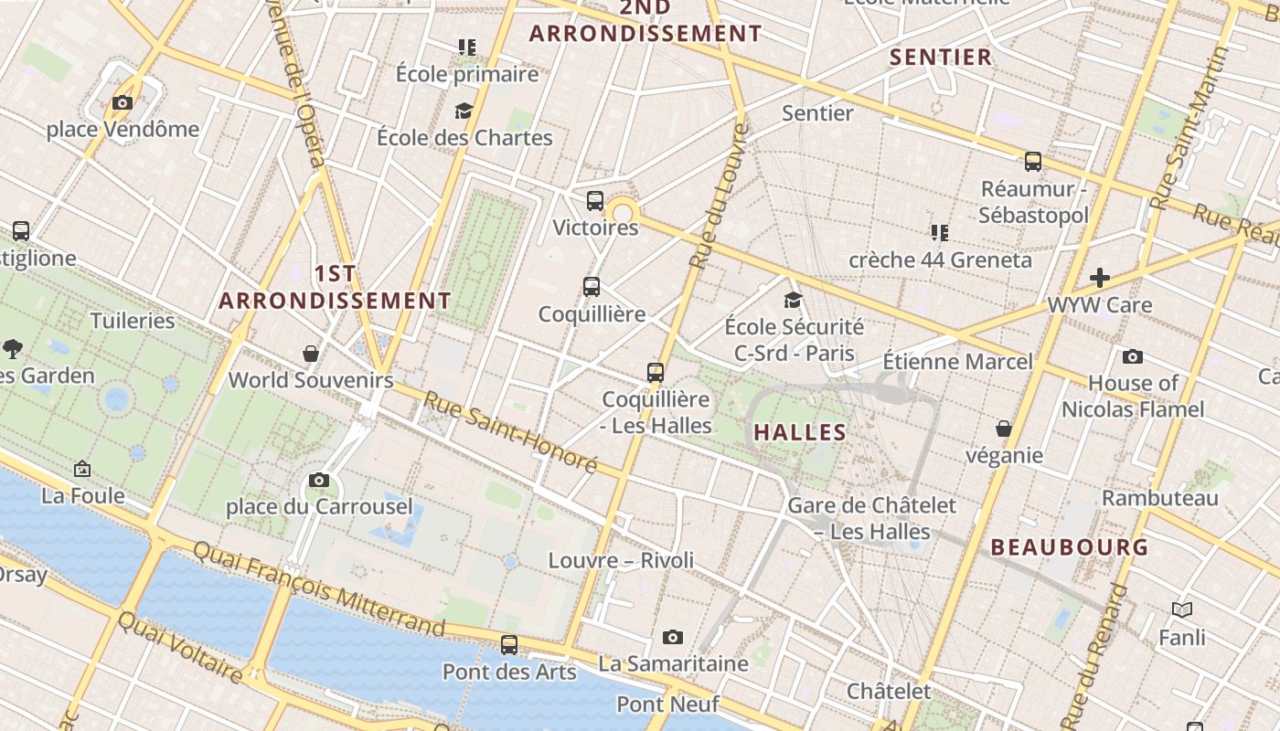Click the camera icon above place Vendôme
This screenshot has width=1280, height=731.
click(123, 103)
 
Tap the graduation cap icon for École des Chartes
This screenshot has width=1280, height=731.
click(464, 111)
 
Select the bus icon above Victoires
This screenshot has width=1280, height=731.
click(595, 201)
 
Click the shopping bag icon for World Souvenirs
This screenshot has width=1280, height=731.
click(311, 354)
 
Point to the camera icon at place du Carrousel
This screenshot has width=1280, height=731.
click(319, 480)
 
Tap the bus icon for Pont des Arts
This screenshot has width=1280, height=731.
click(509, 645)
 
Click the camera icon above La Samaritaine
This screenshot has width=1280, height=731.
click(673, 637)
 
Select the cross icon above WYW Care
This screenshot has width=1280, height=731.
click(1100, 278)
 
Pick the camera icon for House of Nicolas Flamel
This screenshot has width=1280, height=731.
click(1133, 356)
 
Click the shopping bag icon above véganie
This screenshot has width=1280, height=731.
click(1004, 429)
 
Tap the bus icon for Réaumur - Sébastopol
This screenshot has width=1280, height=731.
click(1033, 162)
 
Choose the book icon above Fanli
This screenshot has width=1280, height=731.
click(1182, 609)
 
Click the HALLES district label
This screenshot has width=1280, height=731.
click(800, 432)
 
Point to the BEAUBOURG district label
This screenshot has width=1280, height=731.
click(1070, 547)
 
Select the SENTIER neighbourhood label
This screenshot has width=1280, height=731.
click(941, 57)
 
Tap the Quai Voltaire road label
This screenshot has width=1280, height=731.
click(180, 647)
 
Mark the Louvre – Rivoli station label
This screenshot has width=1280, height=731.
click(621, 560)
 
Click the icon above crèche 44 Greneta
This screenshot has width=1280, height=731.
click(939, 232)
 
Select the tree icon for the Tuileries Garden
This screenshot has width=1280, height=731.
click(13, 347)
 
